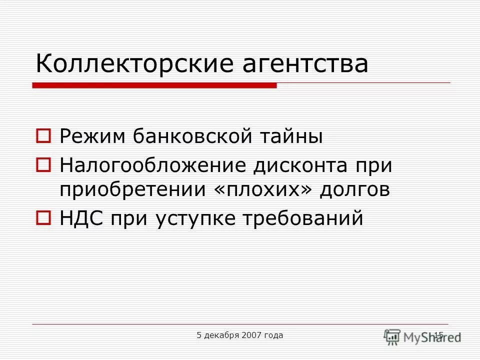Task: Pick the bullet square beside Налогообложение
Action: pyautogui.click(x=44, y=163)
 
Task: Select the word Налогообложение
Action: pyautogui.click(x=152, y=164)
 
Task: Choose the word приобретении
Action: pyautogui.click(x=135, y=190)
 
